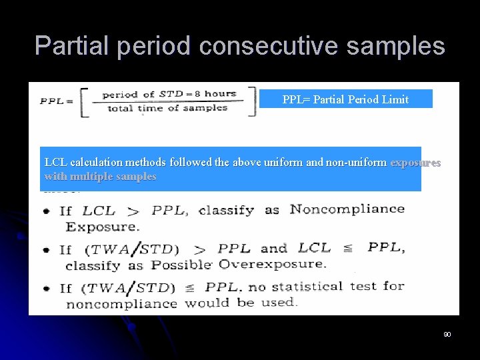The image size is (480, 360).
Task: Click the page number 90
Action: click(447, 333)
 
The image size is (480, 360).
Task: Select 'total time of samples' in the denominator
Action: click(167, 109)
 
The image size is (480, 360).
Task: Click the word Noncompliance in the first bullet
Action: click(347, 209)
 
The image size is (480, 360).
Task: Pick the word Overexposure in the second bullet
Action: click(272, 264)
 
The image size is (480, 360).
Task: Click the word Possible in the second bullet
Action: click(180, 265)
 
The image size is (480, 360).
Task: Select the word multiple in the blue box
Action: click(91, 177)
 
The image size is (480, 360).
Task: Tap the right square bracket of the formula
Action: click(251, 101)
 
